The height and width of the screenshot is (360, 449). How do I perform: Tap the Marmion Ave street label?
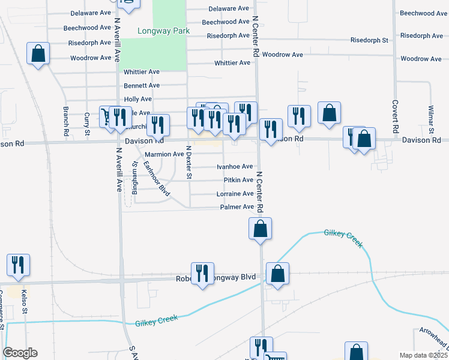click(x=164, y=154)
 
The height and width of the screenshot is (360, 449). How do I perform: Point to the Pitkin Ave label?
click(x=238, y=180)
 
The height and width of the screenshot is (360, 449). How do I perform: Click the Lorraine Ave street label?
click(x=235, y=194)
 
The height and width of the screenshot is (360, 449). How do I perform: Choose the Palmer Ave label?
click(x=237, y=207)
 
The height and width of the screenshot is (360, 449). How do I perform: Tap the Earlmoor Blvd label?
click(x=157, y=179)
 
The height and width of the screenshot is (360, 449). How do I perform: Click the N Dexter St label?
click(x=188, y=163)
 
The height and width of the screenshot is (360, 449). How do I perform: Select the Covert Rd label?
click(x=396, y=121)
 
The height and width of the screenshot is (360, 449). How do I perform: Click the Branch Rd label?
click(x=65, y=121)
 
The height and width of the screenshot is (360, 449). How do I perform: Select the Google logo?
click(x=20, y=353)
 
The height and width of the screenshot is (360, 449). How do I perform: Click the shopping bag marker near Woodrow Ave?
click(x=38, y=53)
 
